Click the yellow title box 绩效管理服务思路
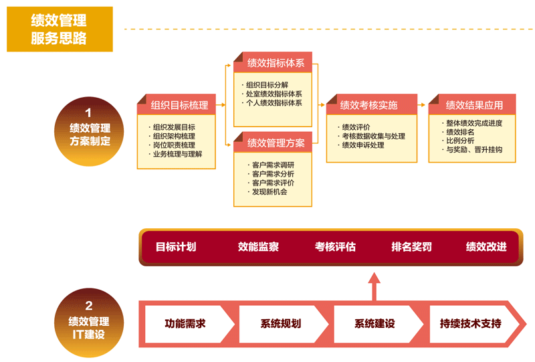[x=60, y=29]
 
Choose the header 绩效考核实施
[x=368, y=105]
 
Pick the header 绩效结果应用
[x=473, y=105]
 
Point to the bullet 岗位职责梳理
[x=174, y=145]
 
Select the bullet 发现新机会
[x=269, y=192]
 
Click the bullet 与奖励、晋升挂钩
[x=473, y=150]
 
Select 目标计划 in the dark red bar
[x=176, y=247]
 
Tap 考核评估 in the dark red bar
[x=335, y=247]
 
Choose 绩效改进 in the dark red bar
[x=486, y=247]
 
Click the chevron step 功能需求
[x=185, y=324]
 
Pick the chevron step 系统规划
[x=280, y=324]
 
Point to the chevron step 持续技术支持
[x=470, y=324]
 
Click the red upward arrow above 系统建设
[x=374, y=285]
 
